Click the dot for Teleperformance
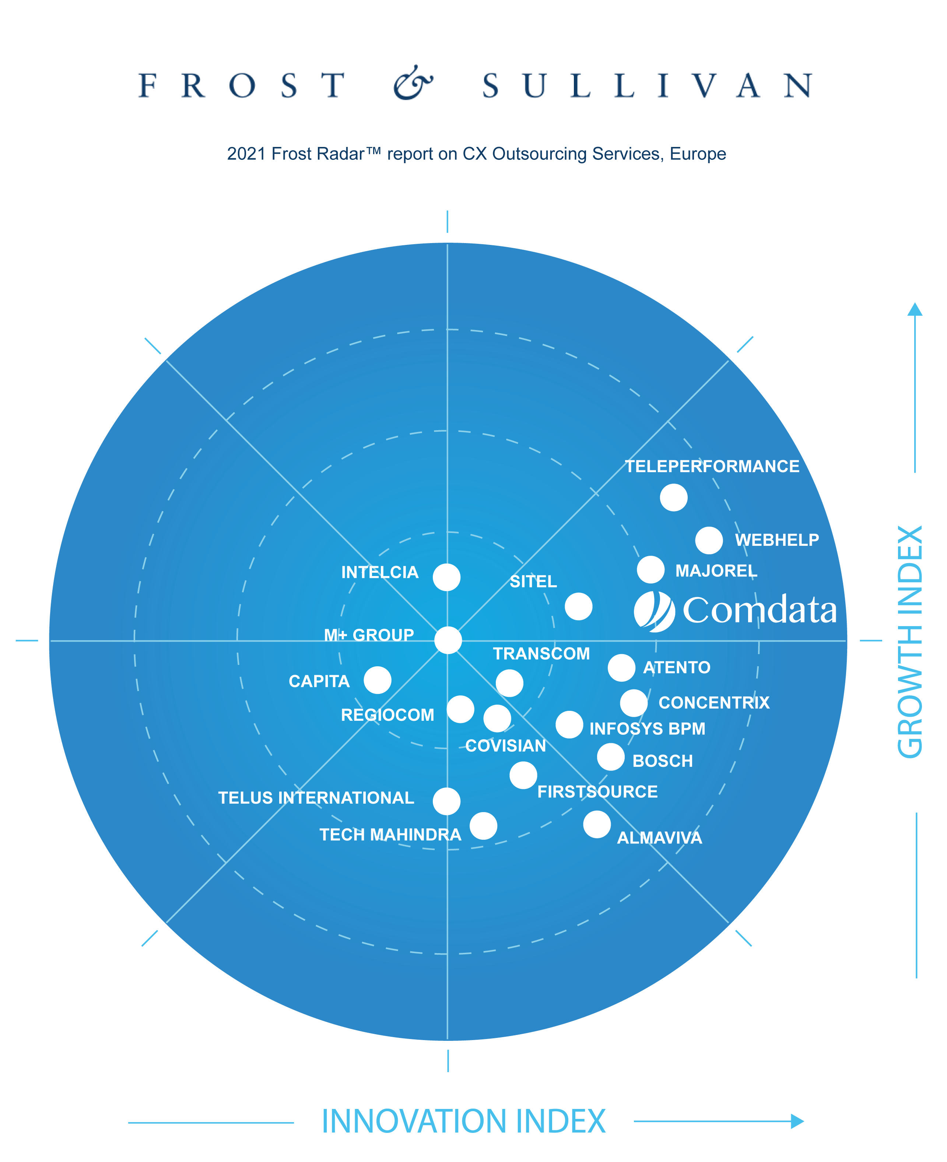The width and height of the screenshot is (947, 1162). (x=673, y=498)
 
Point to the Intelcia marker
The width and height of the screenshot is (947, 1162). (x=446, y=577)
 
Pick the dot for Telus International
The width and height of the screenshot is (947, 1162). (x=446, y=801)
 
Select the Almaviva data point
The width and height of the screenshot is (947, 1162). (x=597, y=824)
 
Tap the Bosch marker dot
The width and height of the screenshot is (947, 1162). (x=610, y=756)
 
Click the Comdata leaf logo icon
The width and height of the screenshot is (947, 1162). (x=654, y=611)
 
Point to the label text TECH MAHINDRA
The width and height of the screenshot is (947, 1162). (x=390, y=835)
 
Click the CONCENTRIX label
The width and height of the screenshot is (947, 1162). (x=713, y=703)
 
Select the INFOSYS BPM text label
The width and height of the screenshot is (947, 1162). (x=647, y=729)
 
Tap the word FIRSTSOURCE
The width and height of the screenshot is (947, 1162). (x=597, y=791)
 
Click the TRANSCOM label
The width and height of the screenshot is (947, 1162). (x=541, y=654)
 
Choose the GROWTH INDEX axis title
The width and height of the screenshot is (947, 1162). (x=910, y=642)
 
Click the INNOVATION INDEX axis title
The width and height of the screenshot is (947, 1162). (x=463, y=1121)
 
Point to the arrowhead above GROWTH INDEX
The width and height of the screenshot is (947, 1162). (x=915, y=309)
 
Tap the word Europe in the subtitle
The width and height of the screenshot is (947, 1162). (x=698, y=154)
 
